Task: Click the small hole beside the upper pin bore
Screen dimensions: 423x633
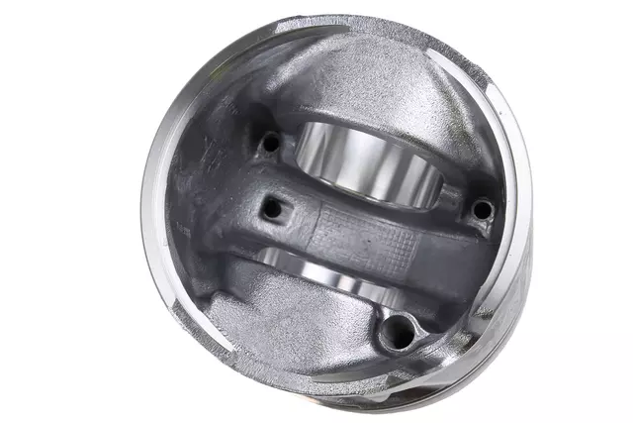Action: point(269,144)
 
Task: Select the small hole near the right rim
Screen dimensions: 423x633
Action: point(482,209)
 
